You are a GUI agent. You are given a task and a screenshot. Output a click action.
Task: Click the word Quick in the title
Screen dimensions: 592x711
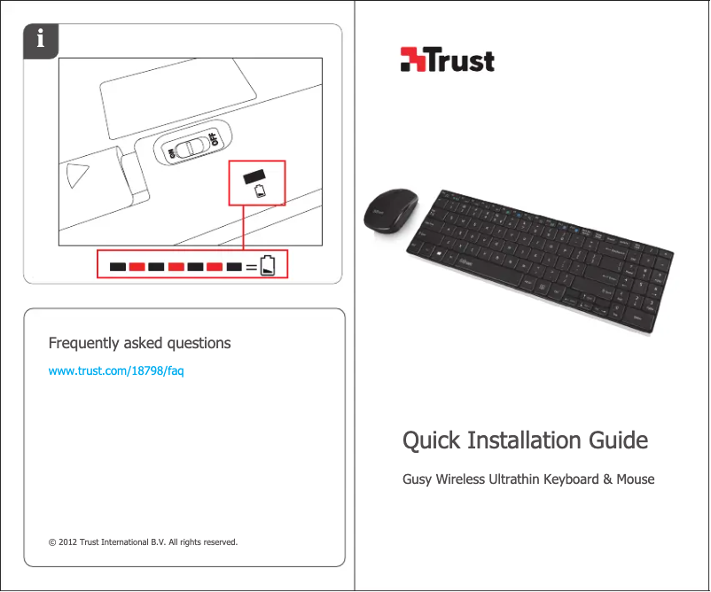point(432,440)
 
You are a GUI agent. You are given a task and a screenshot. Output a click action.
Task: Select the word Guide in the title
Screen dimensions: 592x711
point(618,440)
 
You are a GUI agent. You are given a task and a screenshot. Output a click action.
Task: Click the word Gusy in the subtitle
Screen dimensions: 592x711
point(418,479)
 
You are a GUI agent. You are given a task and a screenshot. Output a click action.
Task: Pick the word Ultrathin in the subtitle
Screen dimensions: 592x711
point(513,479)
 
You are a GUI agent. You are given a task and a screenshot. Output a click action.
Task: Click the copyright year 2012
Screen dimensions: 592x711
point(67,541)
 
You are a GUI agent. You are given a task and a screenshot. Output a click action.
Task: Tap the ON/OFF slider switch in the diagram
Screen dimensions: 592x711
point(191,146)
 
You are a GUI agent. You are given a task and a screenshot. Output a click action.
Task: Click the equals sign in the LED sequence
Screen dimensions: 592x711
point(252,266)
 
